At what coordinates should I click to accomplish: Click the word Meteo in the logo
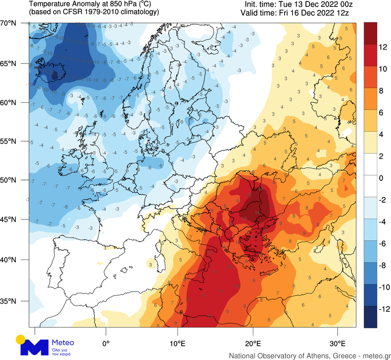63,342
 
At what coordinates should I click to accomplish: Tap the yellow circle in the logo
20,339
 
